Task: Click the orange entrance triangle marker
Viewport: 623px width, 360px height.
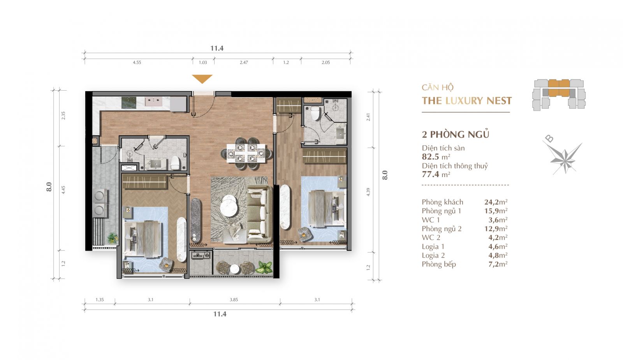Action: (x=202, y=79)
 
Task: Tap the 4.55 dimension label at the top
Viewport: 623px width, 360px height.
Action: (x=137, y=63)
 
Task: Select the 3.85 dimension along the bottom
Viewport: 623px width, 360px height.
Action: (x=234, y=300)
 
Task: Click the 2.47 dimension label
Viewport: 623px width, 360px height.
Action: (x=244, y=63)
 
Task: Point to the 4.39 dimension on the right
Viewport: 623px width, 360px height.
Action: (x=368, y=192)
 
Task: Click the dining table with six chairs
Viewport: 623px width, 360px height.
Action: (x=246, y=153)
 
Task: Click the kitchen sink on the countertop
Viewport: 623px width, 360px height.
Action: (x=153, y=102)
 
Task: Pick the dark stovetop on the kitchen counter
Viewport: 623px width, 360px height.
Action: (x=129, y=103)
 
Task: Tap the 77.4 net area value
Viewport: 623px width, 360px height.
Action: (x=431, y=174)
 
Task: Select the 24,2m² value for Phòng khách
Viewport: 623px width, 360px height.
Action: (x=496, y=202)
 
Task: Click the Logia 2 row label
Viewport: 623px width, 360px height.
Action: (x=433, y=255)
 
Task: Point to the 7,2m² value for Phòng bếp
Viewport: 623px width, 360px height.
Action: (x=498, y=264)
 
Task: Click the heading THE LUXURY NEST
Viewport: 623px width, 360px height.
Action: (x=467, y=101)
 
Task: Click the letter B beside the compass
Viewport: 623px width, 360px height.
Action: (x=549, y=138)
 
